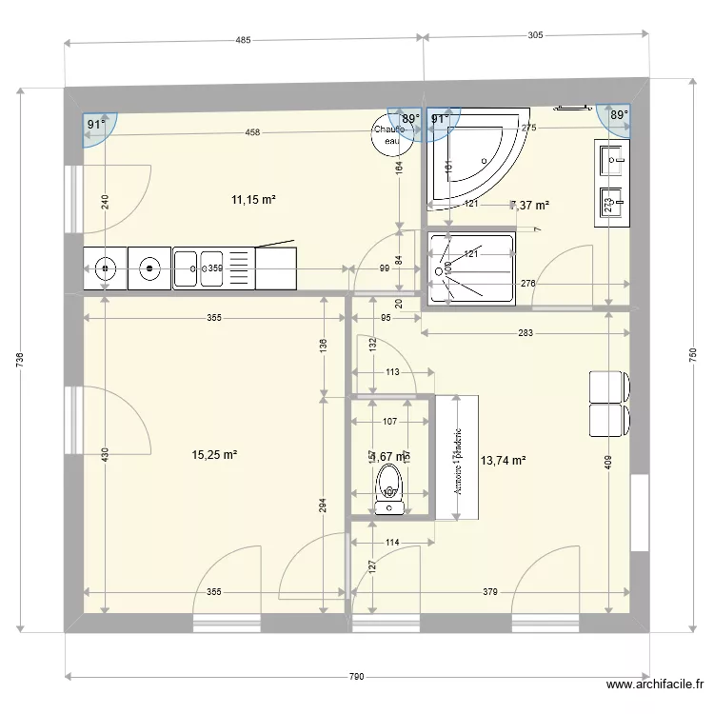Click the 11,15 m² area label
pyautogui.click(x=253, y=200)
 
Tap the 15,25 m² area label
pyautogui.click(x=214, y=456)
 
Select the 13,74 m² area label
pyautogui.click(x=504, y=461)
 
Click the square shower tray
pyautogui.click(x=472, y=268)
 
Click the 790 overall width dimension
pyautogui.click(x=356, y=677)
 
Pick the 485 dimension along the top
pyautogui.click(x=243, y=40)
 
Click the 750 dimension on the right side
pyautogui.click(x=690, y=357)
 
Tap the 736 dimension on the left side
pyautogui.click(x=21, y=360)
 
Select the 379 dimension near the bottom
pyautogui.click(x=490, y=592)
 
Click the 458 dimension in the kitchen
pyautogui.click(x=252, y=132)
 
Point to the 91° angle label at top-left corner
pyautogui.click(x=95, y=125)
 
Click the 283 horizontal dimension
pyautogui.click(x=526, y=333)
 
